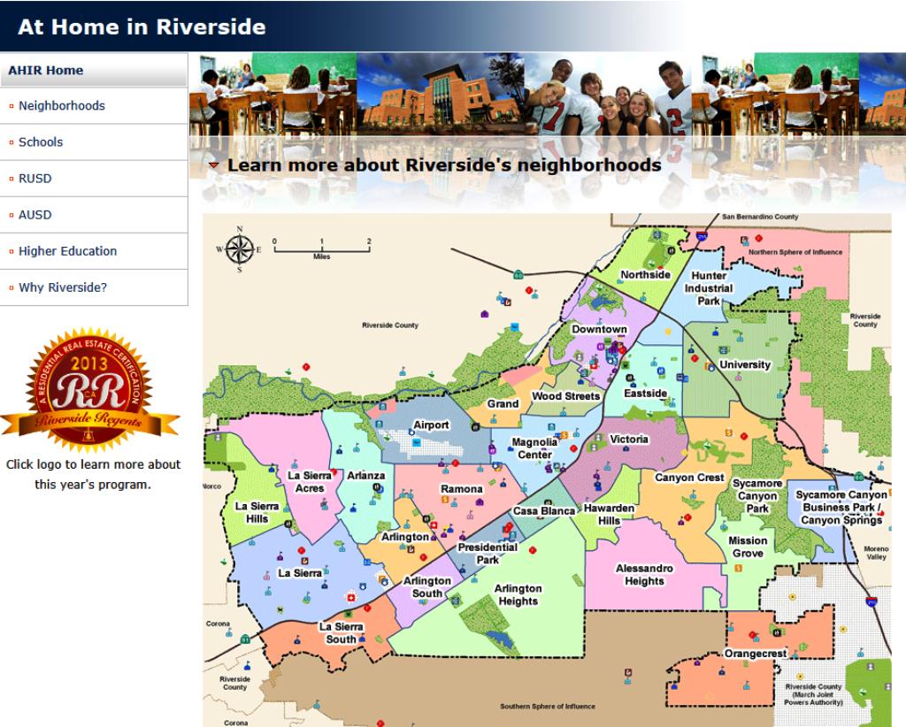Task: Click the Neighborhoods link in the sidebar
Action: [61, 106]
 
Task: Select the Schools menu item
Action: [41, 142]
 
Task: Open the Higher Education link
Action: [67, 251]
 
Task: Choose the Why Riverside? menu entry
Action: [63, 287]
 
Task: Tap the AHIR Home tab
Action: [45, 71]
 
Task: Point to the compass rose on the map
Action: [240, 249]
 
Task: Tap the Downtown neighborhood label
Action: [599, 329]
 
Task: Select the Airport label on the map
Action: [433, 425]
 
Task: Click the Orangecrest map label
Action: [755, 654]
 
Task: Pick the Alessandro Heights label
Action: [644, 575]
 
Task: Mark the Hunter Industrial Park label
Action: [709, 288]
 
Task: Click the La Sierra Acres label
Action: [310, 481]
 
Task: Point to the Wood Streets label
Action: [565, 397]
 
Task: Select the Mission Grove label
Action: [748, 547]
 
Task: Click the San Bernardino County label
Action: [760, 217]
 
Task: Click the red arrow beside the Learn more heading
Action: [214, 165]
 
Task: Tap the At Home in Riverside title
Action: [142, 27]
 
